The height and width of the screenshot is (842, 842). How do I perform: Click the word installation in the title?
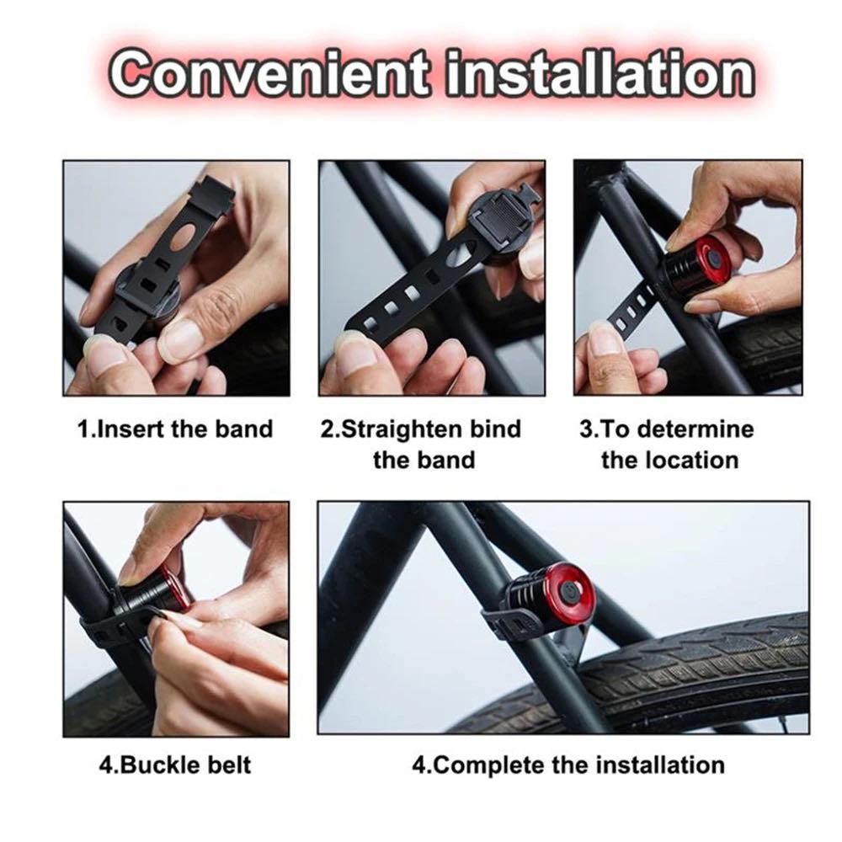pos(600,74)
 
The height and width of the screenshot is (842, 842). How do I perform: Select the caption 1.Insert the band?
pos(175,429)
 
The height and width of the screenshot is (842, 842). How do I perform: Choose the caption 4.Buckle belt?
pos(175,765)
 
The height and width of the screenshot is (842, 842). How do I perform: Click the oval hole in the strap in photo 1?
pos(181,235)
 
